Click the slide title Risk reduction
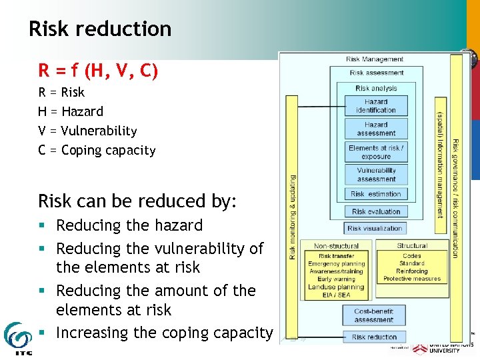coord(100,29)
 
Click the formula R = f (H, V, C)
coord(98,69)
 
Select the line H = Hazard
coord(71,111)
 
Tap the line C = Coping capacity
coord(97,150)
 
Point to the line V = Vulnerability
coord(87,131)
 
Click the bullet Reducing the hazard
coord(129,225)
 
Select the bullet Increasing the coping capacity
coord(164,332)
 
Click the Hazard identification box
coord(376,106)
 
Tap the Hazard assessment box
coord(376,129)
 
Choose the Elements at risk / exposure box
coord(376,152)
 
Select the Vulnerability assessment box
coord(376,175)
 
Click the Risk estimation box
coord(376,194)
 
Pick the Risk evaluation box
coord(376,211)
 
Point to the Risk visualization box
coord(375,228)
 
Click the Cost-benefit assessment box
coord(373,315)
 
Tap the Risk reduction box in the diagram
coord(373,337)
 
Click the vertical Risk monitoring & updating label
coord(292,217)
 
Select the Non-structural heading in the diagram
coord(337,246)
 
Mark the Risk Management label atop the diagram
coord(375,59)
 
